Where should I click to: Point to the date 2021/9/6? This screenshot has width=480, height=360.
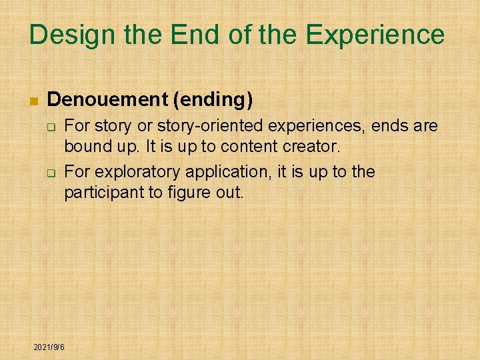click(49, 347)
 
